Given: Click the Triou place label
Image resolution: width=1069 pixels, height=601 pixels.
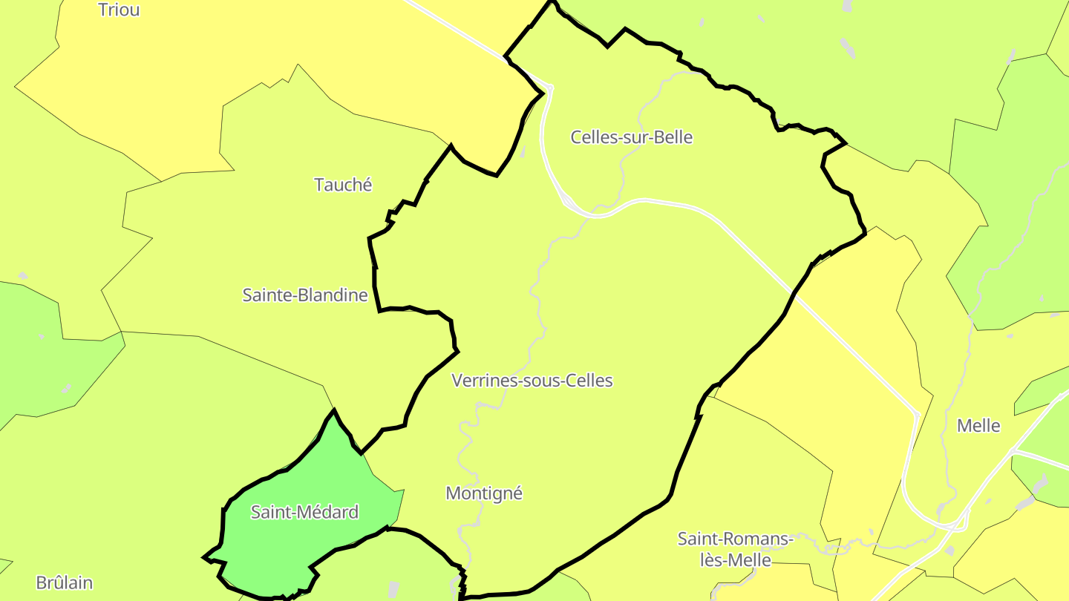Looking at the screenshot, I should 119,10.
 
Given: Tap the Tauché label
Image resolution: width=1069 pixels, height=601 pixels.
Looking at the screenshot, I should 343,185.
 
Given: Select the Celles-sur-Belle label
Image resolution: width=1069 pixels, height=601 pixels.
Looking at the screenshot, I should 631,137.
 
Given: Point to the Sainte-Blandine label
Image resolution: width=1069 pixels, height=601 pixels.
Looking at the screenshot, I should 305,295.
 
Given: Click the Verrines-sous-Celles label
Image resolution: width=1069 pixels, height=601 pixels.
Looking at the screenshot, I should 532,381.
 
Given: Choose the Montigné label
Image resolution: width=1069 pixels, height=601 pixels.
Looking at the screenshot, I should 484,493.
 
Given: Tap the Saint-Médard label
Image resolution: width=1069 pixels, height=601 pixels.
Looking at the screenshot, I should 304,512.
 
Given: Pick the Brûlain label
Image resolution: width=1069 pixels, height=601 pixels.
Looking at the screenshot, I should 65,582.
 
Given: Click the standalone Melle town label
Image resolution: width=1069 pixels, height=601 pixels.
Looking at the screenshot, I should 978,426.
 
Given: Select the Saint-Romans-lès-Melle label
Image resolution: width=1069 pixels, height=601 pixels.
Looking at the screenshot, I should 736,549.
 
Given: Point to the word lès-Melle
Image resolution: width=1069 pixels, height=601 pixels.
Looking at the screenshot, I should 736,560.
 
